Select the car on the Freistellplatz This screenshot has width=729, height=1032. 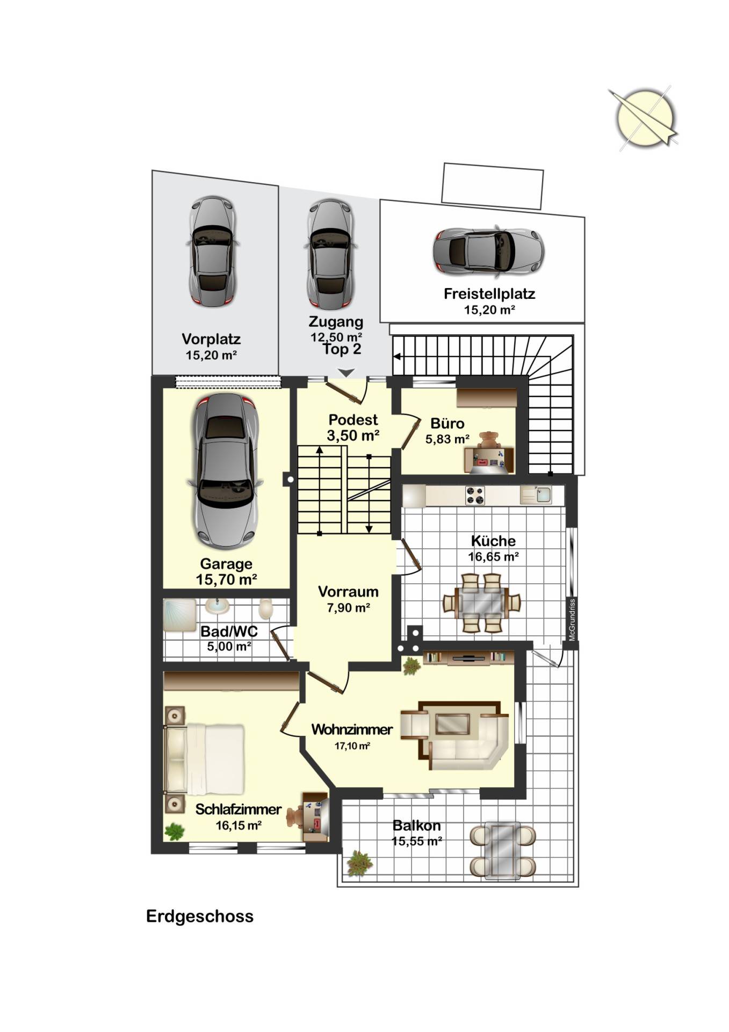488,251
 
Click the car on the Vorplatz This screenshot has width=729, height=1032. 212,252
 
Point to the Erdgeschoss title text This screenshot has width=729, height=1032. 200,916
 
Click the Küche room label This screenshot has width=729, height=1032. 493,541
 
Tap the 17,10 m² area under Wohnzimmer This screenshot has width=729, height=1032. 352,746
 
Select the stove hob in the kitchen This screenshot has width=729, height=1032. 475,496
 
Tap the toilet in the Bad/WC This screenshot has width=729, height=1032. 266,610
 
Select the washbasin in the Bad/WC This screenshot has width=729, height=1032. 218,606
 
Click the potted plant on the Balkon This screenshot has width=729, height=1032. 359,863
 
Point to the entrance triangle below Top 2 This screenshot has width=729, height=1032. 347,372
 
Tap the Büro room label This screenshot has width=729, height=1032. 447,424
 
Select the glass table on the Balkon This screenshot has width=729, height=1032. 502,851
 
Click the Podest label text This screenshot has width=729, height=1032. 353,420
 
